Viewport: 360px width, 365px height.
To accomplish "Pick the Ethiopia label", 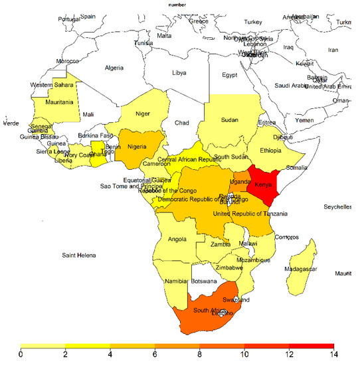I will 270,151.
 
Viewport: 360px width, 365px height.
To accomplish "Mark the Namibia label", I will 174,281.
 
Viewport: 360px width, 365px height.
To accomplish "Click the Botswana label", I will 208,281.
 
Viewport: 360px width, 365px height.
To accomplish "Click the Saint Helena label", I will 79,256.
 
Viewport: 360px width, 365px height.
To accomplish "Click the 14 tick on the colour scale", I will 333,356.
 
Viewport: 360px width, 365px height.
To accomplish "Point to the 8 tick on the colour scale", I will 200,356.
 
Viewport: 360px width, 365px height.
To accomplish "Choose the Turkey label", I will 253,22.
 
